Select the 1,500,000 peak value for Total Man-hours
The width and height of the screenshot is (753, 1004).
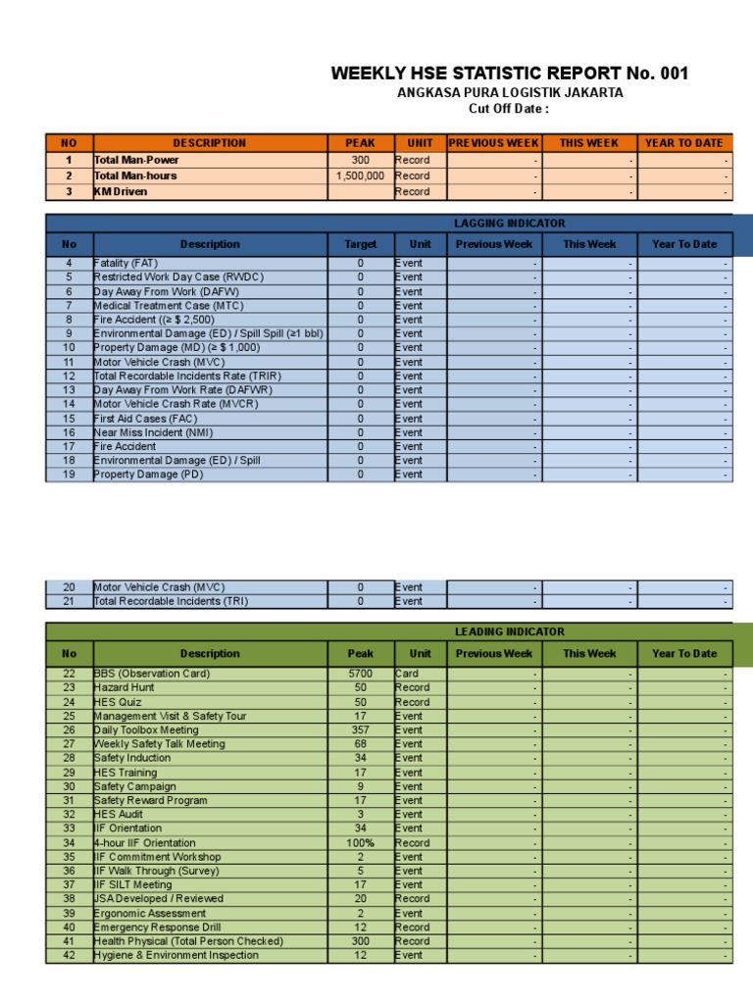360,176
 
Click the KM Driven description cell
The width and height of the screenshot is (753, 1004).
121,192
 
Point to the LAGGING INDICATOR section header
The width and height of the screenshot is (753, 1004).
510,224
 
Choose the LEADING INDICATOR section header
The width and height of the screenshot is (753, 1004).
510,632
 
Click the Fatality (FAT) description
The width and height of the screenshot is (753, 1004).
125,264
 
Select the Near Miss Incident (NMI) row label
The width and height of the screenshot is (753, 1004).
153,432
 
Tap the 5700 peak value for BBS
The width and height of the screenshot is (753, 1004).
360,674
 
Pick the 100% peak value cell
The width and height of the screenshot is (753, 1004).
360,843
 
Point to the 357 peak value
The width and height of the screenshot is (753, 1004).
360,730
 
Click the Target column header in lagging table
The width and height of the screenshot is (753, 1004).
360,244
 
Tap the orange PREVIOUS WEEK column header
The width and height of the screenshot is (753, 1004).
494,143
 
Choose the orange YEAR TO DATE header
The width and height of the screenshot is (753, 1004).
684,143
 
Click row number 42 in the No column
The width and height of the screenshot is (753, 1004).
69,956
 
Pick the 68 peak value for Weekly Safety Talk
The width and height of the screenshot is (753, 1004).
360,744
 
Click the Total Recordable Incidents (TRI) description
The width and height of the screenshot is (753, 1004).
172,601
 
